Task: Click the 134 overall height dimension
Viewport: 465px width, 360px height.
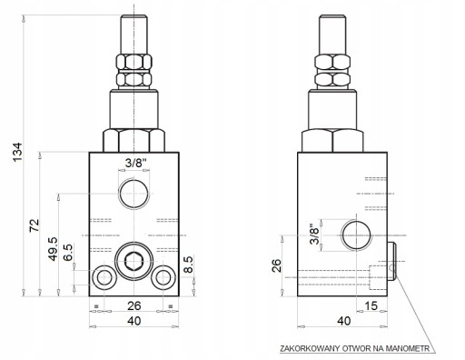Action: click(x=17, y=152)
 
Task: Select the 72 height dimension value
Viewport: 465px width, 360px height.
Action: click(x=35, y=225)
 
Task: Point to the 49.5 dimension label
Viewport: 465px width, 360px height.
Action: click(x=53, y=249)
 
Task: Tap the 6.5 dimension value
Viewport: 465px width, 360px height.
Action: click(x=68, y=252)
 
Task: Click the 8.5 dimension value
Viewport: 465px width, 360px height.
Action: click(x=188, y=265)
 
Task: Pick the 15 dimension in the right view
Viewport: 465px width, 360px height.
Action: click(x=371, y=306)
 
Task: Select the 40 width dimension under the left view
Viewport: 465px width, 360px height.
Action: click(x=134, y=321)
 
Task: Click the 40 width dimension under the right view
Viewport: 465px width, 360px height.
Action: click(x=343, y=321)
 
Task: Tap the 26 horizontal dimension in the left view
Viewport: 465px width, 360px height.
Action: click(x=134, y=306)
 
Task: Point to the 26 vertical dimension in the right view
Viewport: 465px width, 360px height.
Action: click(x=276, y=265)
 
